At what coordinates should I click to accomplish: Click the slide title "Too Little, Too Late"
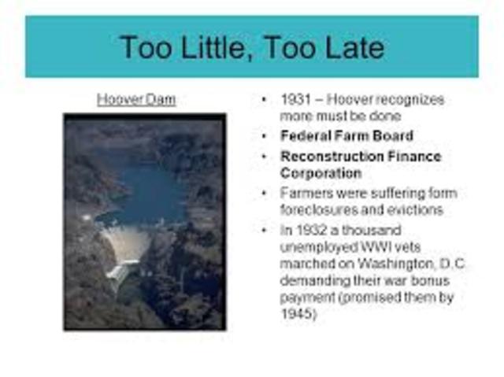click(x=251, y=47)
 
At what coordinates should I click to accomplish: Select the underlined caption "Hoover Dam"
click(x=136, y=100)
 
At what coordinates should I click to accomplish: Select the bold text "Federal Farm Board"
click(x=346, y=135)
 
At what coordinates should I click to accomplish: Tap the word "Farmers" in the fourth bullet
click(x=303, y=193)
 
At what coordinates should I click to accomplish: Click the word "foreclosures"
click(x=319, y=209)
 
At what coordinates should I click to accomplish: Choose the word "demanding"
click(x=313, y=279)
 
